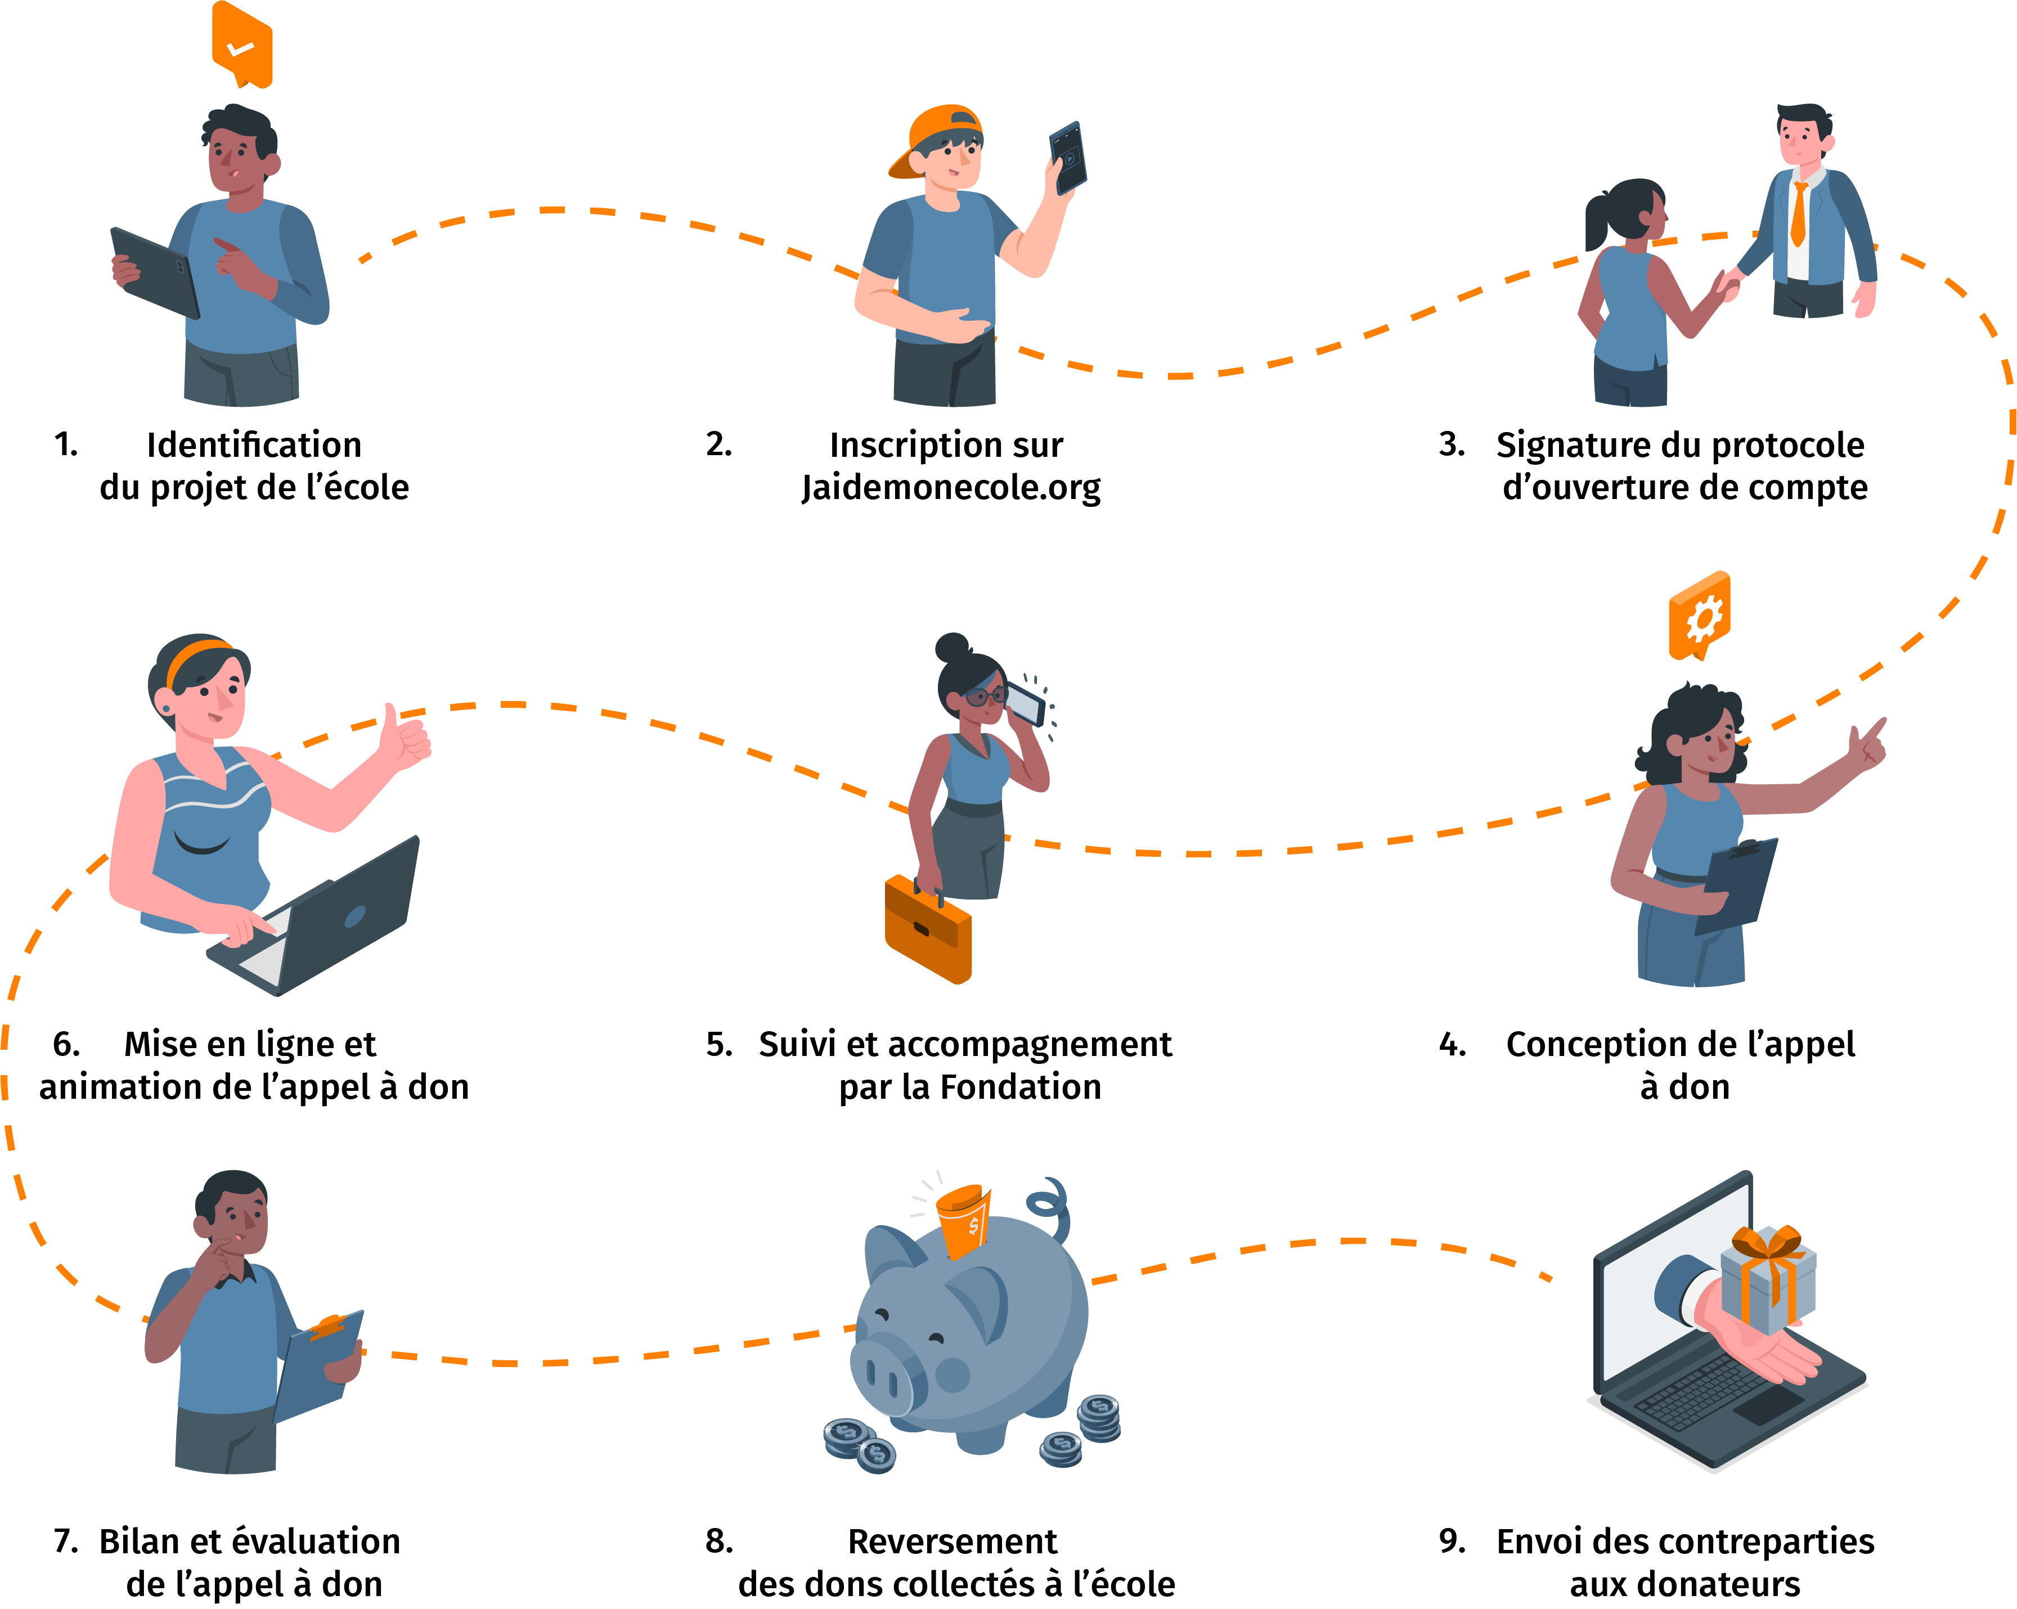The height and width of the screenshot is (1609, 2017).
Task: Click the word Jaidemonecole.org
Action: (950, 487)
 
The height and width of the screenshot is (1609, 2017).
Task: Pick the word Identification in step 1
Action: (254, 445)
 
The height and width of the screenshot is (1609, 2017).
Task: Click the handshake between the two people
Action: (1728, 284)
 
